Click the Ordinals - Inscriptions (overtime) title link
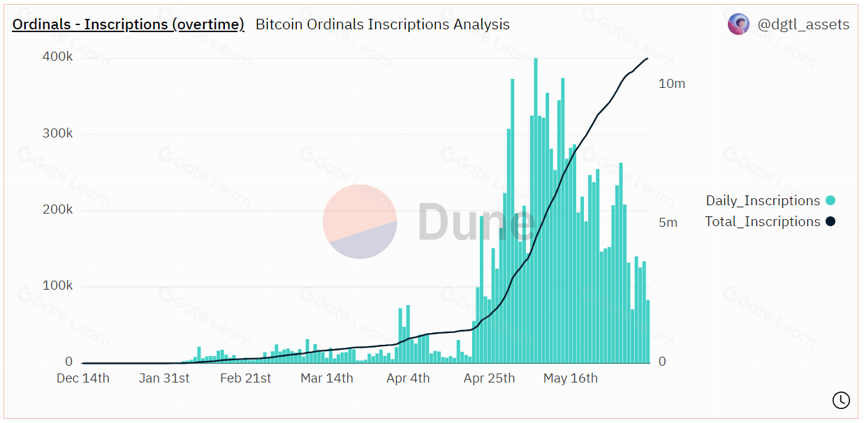tap(129, 24)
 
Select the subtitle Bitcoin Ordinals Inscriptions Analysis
tap(382, 24)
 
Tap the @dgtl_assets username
tap(803, 24)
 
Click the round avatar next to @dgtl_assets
tap(738, 24)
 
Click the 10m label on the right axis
tap(672, 84)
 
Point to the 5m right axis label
tap(668, 223)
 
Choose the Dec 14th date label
tap(83, 378)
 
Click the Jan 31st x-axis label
tap(164, 378)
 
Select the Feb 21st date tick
tap(245, 378)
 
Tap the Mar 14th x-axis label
tap(327, 378)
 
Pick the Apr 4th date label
tap(408, 378)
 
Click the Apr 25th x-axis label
tap(489, 378)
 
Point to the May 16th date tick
tap(571, 378)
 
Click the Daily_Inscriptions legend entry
tap(763, 201)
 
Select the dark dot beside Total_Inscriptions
tap(830, 222)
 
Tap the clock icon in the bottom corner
tap(841, 400)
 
